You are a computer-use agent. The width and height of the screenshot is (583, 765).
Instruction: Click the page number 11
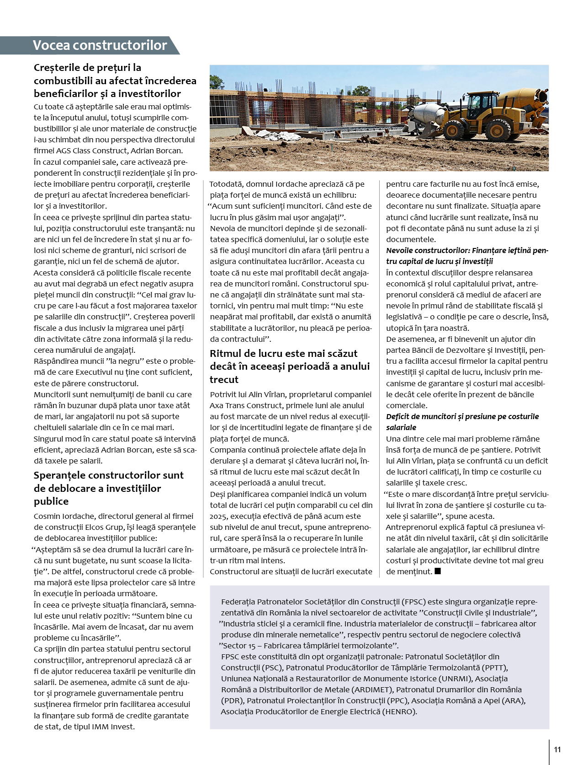(557, 749)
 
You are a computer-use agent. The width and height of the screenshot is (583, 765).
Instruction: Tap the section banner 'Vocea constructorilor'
(100, 45)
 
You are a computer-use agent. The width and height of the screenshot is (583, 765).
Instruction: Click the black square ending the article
(438, 571)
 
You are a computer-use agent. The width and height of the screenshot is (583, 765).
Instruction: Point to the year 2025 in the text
(218, 516)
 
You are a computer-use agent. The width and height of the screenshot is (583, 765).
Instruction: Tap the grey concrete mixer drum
(428, 113)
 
